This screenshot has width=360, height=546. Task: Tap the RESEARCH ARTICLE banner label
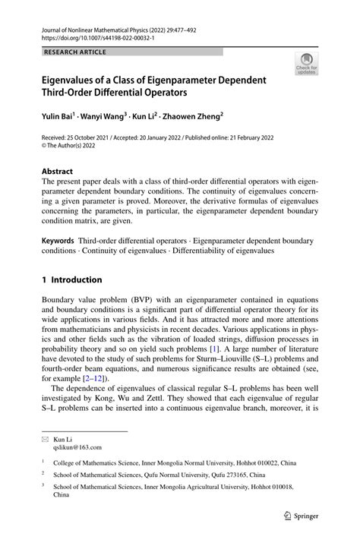[75, 52]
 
